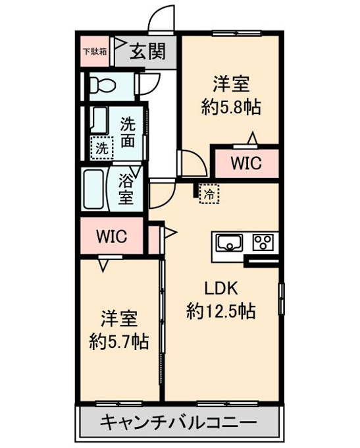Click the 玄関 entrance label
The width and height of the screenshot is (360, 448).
[147, 51]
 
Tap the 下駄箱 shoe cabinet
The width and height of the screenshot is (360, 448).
[95, 51]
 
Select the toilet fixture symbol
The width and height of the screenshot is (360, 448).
[102, 85]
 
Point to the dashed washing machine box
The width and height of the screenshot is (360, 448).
[102, 148]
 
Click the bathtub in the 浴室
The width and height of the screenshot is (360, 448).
[93, 189]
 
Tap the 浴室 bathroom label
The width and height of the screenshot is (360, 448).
[126, 189]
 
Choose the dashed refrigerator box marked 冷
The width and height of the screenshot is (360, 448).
[209, 194]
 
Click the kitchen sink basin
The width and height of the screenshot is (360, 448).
[229, 242]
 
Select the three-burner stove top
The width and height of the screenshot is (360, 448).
[263, 242]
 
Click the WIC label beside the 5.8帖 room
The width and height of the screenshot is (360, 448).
[246, 163]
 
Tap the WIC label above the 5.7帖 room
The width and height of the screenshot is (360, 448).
[112, 237]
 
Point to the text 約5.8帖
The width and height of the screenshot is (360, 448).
[231, 107]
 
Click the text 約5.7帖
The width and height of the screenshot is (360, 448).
[119, 341]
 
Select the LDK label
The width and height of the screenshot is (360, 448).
[221, 289]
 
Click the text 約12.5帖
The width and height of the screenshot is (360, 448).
[221, 311]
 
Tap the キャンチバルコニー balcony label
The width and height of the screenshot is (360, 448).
[179, 422]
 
